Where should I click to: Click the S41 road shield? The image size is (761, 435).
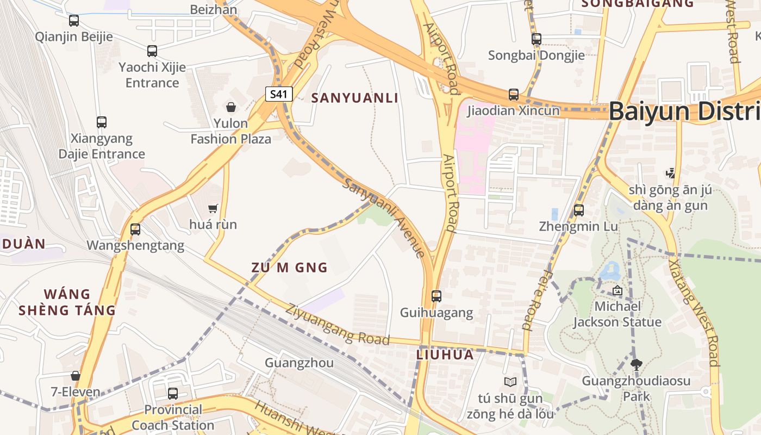click(279, 94)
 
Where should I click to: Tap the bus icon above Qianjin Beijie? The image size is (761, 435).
click(74, 21)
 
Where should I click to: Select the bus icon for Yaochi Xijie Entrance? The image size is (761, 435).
click(152, 51)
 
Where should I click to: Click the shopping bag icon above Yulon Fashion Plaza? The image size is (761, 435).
click(231, 107)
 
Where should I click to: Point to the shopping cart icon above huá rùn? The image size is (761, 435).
click(213, 208)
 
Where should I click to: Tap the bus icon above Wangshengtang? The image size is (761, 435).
click(135, 229)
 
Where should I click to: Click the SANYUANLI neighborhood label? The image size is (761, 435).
click(355, 98)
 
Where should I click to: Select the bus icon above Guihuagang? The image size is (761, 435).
click(436, 296)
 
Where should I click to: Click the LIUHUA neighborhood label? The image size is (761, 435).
click(445, 355)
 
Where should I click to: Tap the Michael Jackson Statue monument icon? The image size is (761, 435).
click(617, 290)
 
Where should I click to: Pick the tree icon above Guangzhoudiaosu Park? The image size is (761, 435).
click(636, 364)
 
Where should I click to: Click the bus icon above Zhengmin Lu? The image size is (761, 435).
click(579, 210)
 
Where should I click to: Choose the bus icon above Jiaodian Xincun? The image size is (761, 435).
click(514, 95)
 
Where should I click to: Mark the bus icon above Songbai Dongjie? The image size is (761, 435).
click(537, 39)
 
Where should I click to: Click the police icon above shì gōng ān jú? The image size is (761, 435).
click(670, 173)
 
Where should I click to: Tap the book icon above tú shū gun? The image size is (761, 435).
click(510, 382)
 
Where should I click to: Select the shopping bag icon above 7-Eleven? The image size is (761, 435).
click(76, 376)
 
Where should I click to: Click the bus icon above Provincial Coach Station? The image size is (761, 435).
click(173, 393)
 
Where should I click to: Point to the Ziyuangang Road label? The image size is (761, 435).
click(338, 325)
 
